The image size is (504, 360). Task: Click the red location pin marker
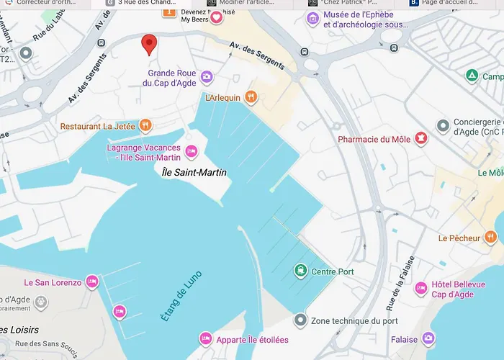click(149, 44)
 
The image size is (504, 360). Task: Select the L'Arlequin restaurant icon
click(251, 97)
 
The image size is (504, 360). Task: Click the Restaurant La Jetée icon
click(145, 126)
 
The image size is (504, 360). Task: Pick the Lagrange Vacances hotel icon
click(191, 151)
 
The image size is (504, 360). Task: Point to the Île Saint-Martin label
click(194, 172)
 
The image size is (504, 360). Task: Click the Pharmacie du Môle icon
click(420, 138)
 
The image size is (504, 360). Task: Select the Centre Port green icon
click(300, 271)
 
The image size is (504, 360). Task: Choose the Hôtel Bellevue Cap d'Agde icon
click(420, 289)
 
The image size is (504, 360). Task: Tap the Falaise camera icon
click(428, 338)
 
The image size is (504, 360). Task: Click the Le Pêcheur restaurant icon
click(490, 238)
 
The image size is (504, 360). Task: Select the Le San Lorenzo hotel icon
click(92, 282)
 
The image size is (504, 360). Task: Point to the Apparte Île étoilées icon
click(205, 339)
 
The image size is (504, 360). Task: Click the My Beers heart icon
click(216, 17)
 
